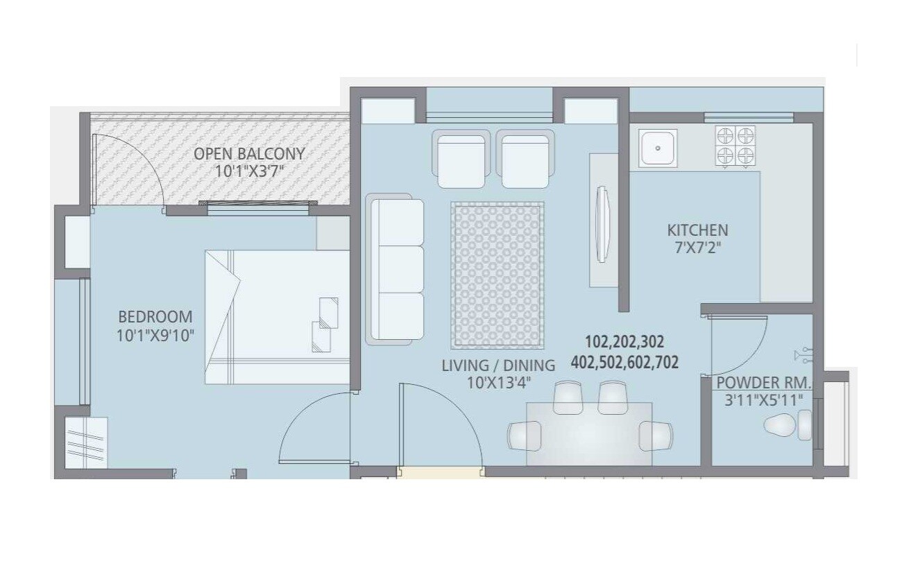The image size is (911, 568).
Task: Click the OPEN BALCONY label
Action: pyautogui.click(x=249, y=153)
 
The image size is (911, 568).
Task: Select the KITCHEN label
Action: pyautogui.click(x=697, y=230)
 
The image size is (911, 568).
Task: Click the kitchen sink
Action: pyautogui.click(x=658, y=147)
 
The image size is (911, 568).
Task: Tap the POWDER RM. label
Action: pyautogui.click(x=763, y=383)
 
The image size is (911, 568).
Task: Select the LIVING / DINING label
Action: pyautogui.click(x=498, y=365)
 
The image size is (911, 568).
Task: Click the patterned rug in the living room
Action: pyautogui.click(x=498, y=275)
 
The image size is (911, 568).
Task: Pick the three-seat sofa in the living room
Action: pyautogui.click(x=395, y=269)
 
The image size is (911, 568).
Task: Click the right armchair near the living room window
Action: pyautogui.click(x=526, y=159)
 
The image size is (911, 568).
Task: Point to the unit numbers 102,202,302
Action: pyautogui.click(x=624, y=342)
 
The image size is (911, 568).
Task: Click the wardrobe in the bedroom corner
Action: pyautogui.click(x=87, y=443)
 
